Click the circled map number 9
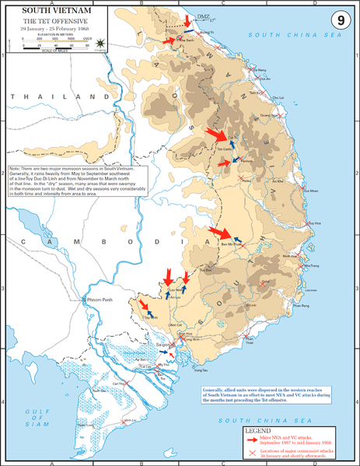click(x=339, y=18)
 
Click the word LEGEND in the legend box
click(x=258, y=430)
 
